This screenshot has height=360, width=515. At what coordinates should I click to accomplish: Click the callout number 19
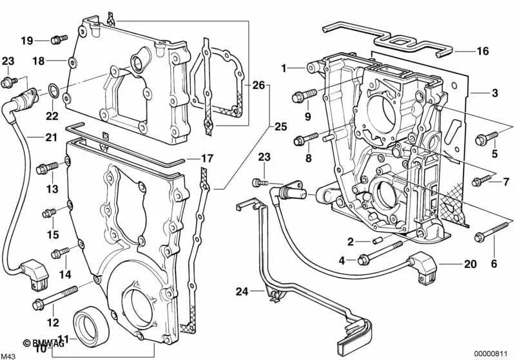coord(26,41)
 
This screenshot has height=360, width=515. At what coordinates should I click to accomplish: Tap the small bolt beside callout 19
coord(56,40)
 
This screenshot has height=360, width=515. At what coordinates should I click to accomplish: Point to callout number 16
coord(483,50)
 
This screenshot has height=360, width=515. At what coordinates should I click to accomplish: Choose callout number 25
coord(280,126)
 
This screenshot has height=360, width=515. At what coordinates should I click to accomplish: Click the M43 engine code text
coord(8,354)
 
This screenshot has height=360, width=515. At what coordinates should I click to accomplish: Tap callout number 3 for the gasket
coord(494,93)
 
